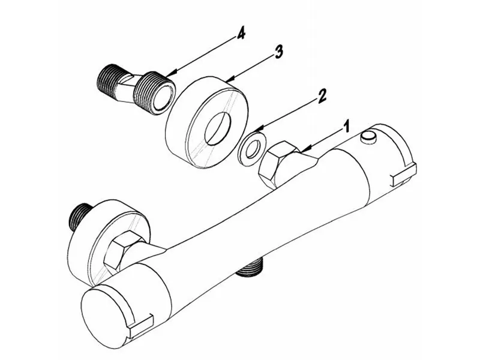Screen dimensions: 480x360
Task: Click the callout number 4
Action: point(241,34)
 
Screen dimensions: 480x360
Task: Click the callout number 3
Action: point(278,52)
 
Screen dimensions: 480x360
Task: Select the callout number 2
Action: point(322,96)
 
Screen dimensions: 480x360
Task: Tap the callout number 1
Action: point(346,127)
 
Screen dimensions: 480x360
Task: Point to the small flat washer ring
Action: point(252,149)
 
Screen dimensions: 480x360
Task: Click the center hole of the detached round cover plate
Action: point(218,128)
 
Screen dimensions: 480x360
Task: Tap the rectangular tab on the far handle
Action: point(404,175)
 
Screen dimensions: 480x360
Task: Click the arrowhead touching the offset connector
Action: point(172,73)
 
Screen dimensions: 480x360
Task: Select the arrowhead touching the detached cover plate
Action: point(230,79)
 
